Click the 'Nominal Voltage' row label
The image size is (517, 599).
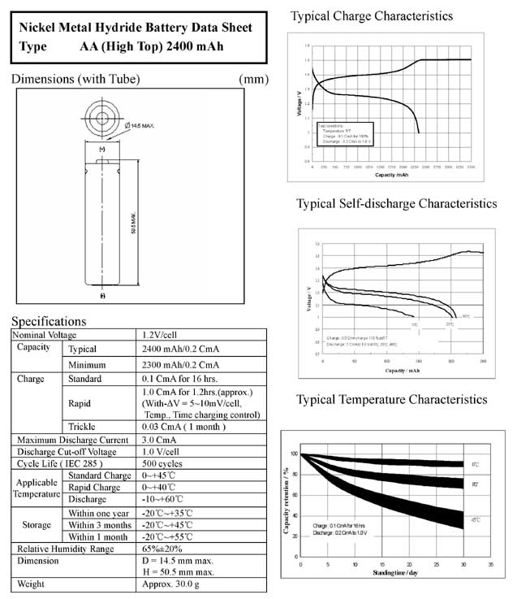[44, 334]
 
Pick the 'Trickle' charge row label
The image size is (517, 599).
[82, 426]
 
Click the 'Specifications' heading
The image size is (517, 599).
[49, 321]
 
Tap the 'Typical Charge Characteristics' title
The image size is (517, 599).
[372, 15]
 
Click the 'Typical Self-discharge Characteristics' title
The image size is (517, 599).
[396, 203]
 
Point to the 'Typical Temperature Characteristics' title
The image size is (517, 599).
[391, 399]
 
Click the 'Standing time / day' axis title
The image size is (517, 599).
[395, 575]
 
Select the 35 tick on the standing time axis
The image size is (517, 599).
[490, 563]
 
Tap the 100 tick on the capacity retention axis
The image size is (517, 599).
[294, 454]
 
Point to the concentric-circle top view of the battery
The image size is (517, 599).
[103, 117]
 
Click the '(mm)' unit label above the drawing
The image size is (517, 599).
[254, 79]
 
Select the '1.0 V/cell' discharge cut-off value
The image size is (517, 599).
[161, 452]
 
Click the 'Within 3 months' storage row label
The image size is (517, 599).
[99, 524]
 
